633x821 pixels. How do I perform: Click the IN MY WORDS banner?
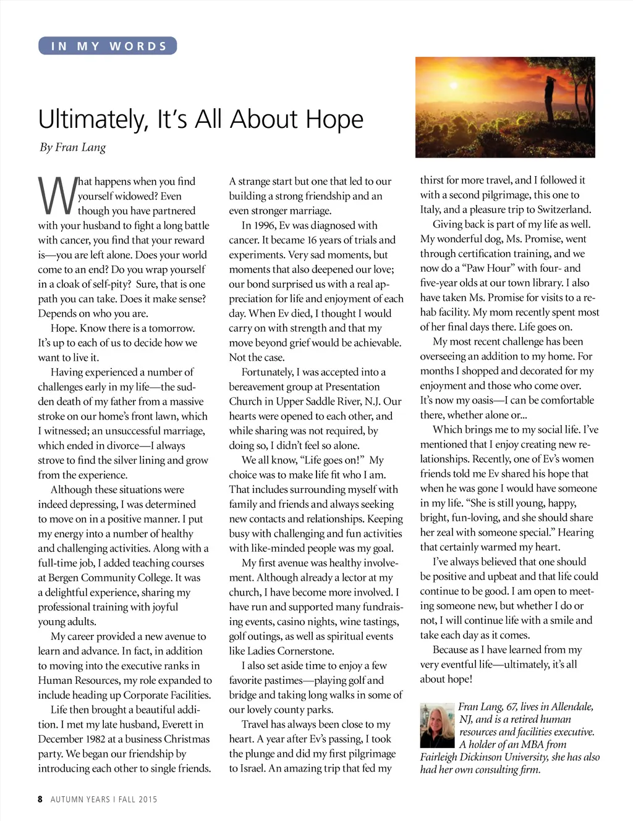[x=108, y=46]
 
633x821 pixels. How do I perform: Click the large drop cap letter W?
[x=57, y=195]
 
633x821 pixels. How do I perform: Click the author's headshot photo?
[x=437, y=725]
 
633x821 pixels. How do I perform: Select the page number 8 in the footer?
[x=40, y=799]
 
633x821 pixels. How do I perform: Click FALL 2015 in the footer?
[x=138, y=799]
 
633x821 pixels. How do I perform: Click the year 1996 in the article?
[x=264, y=225]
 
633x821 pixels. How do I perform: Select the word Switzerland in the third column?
[x=564, y=210]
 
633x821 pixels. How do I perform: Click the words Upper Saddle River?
[x=310, y=402]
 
